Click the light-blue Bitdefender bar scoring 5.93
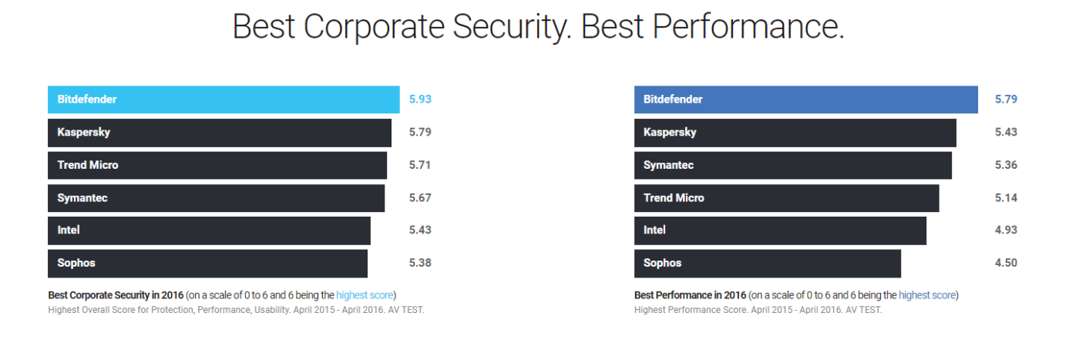click(224, 99)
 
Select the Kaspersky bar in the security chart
click(220, 133)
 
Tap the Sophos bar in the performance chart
click(767, 263)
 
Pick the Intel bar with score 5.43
click(209, 230)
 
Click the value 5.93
click(420, 99)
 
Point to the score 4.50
click(1006, 263)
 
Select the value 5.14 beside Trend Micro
click(1006, 198)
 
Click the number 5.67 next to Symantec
click(420, 198)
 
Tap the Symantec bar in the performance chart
click(792, 165)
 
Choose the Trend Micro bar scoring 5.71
click(217, 165)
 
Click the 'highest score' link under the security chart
click(365, 295)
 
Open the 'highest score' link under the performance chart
click(927, 295)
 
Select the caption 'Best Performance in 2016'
click(691, 295)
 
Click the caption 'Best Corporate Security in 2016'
click(116, 295)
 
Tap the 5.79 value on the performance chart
click(1006, 99)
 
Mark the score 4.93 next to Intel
click(1006, 230)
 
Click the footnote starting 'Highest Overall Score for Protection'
click(236, 310)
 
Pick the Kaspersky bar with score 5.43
click(795, 133)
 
